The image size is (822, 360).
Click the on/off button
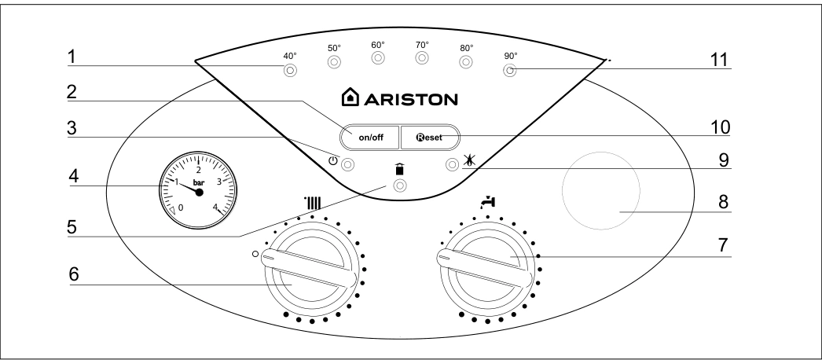click(x=370, y=138)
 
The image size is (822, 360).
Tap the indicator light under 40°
click(x=290, y=71)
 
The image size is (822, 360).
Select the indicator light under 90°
click(x=509, y=70)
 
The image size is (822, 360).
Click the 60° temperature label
click(x=378, y=45)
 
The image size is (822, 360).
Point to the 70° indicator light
click(x=422, y=58)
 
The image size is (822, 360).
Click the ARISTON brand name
click(x=410, y=99)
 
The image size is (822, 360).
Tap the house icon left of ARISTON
click(x=350, y=97)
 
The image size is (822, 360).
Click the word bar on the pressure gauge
click(x=199, y=183)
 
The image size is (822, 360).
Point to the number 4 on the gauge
click(x=215, y=207)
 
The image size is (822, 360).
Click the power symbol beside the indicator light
click(x=332, y=161)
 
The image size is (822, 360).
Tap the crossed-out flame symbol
click(x=468, y=162)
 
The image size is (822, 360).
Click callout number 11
click(x=720, y=61)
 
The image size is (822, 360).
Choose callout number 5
click(x=72, y=227)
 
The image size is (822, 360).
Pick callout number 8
click(x=724, y=202)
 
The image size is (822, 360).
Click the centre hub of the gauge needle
click(x=199, y=193)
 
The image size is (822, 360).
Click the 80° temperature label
click(x=467, y=48)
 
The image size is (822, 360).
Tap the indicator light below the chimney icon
click(x=400, y=186)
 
